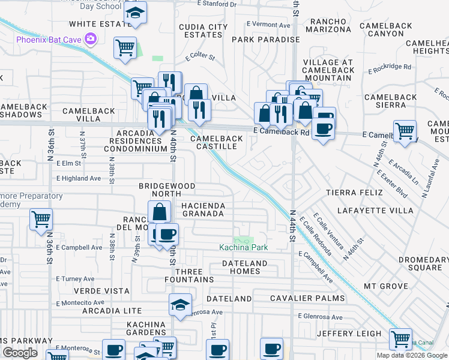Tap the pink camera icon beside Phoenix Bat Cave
91,39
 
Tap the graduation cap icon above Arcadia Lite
180,304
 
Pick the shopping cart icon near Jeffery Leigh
400,338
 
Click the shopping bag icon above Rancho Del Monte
159,211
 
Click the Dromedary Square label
423,264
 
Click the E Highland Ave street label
79,178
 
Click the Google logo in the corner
20,353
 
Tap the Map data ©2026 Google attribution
412,355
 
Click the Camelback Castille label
217,142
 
